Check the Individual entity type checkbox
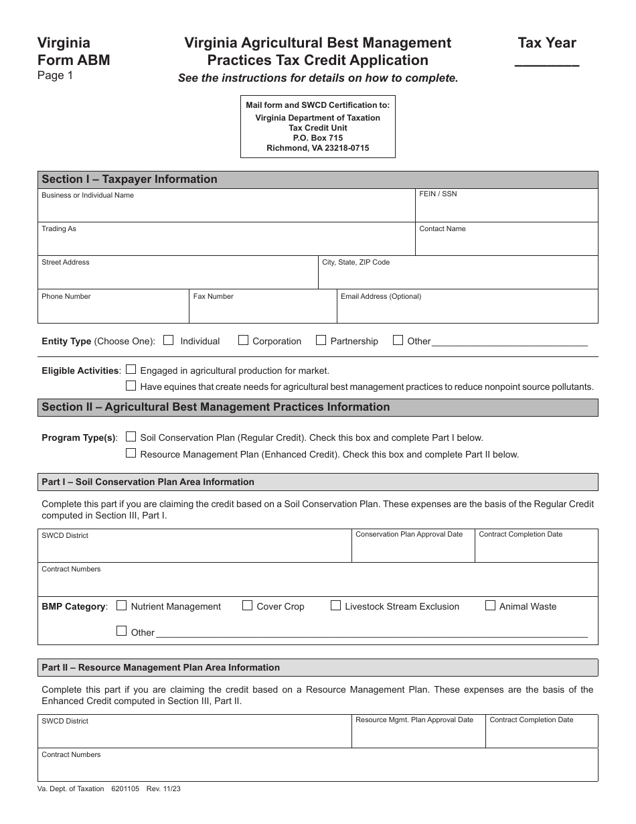point(169,340)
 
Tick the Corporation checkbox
point(244,340)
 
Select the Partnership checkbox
point(321,340)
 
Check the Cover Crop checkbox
point(248,606)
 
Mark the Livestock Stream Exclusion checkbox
point(336,606)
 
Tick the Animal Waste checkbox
point(491,606)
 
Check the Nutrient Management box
point(122,606)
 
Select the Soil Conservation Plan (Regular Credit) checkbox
point(131,437)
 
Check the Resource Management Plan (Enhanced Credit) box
point(131,454)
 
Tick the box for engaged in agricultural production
point(131,369)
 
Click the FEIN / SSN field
point(506,209)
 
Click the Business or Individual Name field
point(226,209)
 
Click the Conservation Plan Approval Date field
point(412,550)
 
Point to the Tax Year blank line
point(547,64)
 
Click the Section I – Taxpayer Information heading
point(129,180)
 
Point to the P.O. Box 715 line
point(317,138)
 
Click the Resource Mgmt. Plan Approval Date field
point(418,736)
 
